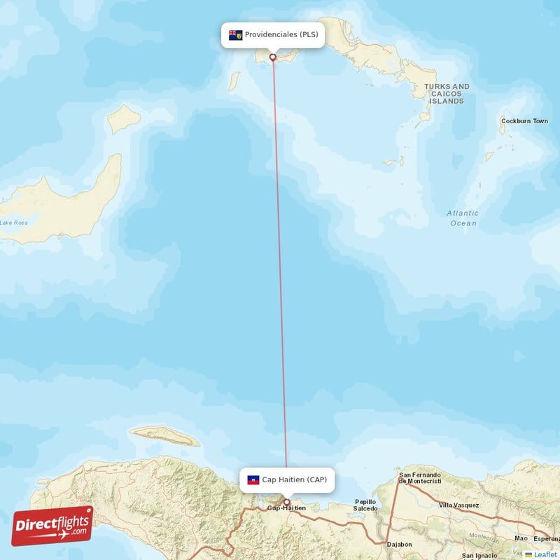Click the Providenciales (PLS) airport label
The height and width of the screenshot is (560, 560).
pyautogui.click(x=273, y=35)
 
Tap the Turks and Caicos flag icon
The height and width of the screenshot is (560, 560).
pyautogui.click(x=235, y=35)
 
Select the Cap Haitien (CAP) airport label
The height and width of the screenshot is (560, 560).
pyautogui.click(x=286, y=479)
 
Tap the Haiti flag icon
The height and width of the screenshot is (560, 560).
pyautogui.click(x=253, y=480)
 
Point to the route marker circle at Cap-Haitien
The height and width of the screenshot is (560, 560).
pyautogui.click(x=286, y=502)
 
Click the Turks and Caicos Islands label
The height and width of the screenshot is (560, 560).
pyautogui.click(x=447, y=94)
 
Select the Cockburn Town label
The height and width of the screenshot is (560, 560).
pyautogui.click(x=524, y=121)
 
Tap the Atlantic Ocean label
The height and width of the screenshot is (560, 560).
pyautogui.click(x=463, y=218)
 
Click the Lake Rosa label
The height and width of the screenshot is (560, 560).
pyautogui.click(x=15, y=223)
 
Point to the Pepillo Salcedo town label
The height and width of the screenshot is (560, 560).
pyautogui.click(x=365, y=505)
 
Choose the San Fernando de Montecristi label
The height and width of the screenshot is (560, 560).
pyautogui.click(x=420, y=477)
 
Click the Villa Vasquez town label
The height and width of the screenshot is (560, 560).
pyautogui.click(x=458, y=505)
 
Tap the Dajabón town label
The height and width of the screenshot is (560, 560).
pyautogui.click(x=399, y=544)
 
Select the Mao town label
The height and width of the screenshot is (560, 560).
pyautogui.click(x=520, y=538)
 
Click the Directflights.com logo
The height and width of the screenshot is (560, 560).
pyautogui.click(x=52, y=525)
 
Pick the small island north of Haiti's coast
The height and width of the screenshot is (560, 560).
pyautogui.click(x=164, y=435)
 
